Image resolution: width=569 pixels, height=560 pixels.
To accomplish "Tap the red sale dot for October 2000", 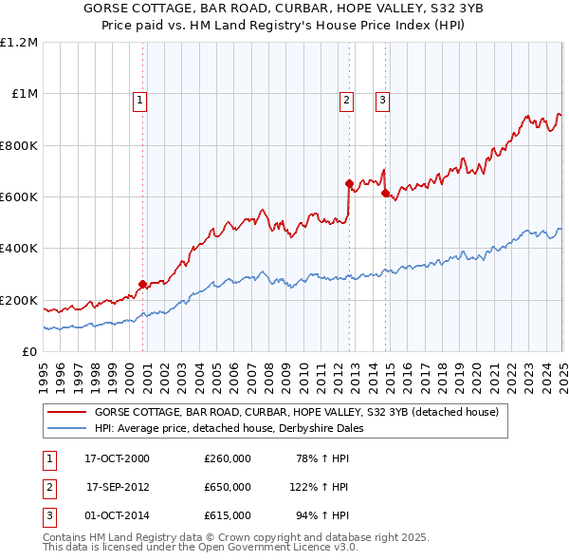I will point(142,284).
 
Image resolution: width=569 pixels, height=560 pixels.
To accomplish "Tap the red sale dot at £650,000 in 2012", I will point(350,183).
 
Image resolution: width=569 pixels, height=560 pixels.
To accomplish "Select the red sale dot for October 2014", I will point(385,193).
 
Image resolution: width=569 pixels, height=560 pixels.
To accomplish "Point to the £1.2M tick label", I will point(20,43).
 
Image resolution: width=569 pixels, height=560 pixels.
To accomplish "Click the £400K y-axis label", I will point(19,249).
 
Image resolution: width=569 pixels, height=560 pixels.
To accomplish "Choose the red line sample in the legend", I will point(67,412).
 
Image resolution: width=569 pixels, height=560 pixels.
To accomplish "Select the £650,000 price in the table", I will point(227,487).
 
